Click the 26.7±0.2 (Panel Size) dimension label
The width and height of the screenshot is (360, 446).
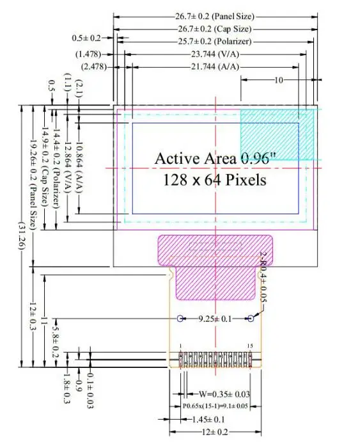pyautogui.click(x=214, y=16)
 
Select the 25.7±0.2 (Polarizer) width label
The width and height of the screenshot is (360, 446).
pyautogui.click(x=215, y=42)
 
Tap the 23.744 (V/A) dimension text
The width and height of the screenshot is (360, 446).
pyautogui.click(x=215, y=54)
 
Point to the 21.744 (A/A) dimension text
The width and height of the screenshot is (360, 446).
pyautogui.click(x=215, y=67)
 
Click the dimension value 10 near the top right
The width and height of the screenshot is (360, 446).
pyautogui.click(x=279, y=80)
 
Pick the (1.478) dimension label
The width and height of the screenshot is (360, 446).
pyautogui.click(x=88, y=54)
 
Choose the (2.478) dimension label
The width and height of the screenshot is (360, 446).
pyautogui.click(x=94, y=67)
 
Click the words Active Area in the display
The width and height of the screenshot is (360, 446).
pyautogui.click(x=196, y=158)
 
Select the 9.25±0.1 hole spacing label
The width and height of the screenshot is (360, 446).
pyautogui.click(x=215, y=319)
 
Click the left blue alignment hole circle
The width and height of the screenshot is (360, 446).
pyautogui.click(x=180, y=318)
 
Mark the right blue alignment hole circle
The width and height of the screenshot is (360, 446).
pyautogui.click(x=250, y=318)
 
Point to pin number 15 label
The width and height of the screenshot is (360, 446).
pyautogui.click(x=250, y=346)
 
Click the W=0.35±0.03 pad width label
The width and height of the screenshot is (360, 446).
pyautogui.click(x=224, y=394)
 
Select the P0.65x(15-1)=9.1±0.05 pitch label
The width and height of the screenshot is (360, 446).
pyautogui.click(x=215, y=406)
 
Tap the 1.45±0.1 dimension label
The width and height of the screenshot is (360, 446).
pyautogui.click(x=208, y=419)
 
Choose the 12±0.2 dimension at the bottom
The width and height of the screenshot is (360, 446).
pyautogui.click(x=215, y=433)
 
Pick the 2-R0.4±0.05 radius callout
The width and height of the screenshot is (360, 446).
pyautogui.click(x=263, y=278)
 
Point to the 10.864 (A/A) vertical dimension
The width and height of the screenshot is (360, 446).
pyautogui.click(x=79, y=168)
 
